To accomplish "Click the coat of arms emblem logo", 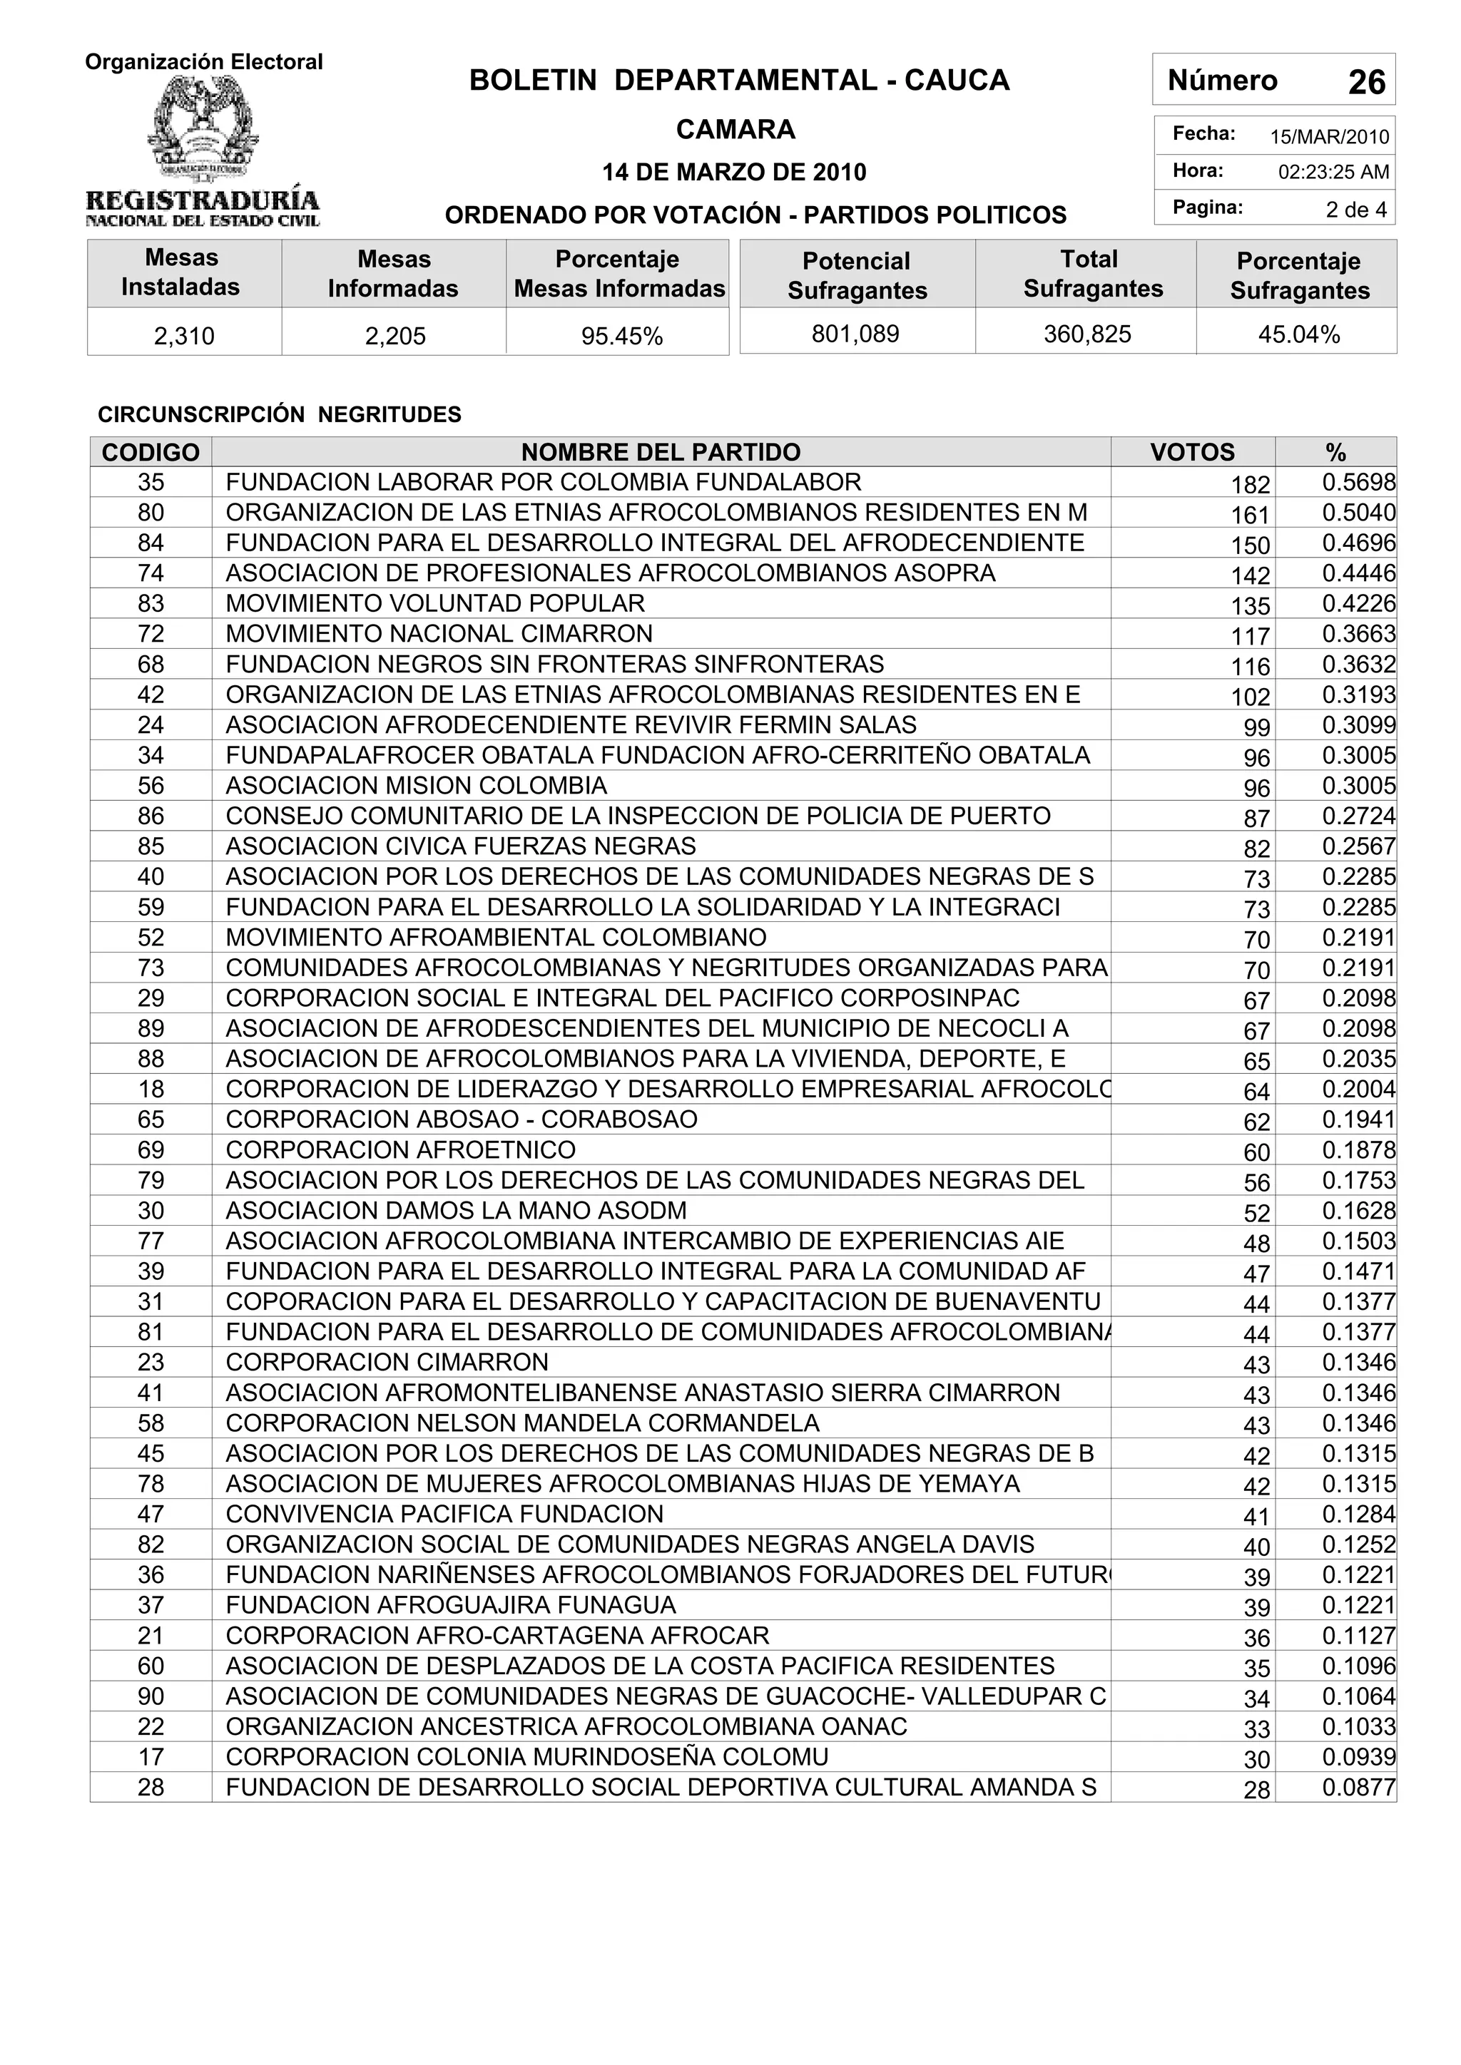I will pyautogui.click(x=203, y=130).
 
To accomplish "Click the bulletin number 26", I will pyautogui.click(x=1365, y=83).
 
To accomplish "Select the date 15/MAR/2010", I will pyautogui.click(x=1329, y=138).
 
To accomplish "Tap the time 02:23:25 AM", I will pyautogui.click(x=1333, y=173).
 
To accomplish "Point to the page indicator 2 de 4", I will pyautogui.click(x=1355, y=210).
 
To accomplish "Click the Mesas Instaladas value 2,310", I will pyautogui.click(x=185, y=337).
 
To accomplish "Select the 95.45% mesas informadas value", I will pyautogui.click(x=621, y=337).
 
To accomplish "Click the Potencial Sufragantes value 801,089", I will pyautogui.click(x=855, y=334).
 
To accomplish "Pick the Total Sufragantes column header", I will pyautogui.click(x=1092, y=273).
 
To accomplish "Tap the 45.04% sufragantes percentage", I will pyautogui.click(x=1298, y=334).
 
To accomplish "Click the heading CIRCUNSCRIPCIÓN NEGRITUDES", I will pyautogui.click(x=279, y=414).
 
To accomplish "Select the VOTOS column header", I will pyautogui.click(x=1192, y=451).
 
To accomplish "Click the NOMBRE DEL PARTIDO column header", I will pyautogui.click(x=661, y=451).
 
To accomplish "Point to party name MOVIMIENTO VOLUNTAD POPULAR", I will pyautogui.click(x=434, y=603).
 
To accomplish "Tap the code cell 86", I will pyautogui.click(x=151, y=816).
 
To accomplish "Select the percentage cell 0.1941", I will pyautogui.click(x=1358, y=1119).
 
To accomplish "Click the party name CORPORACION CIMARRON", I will pyautogui.click(x=387, y=1363).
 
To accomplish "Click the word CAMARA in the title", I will pyautogui.click(x=735, y=130).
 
